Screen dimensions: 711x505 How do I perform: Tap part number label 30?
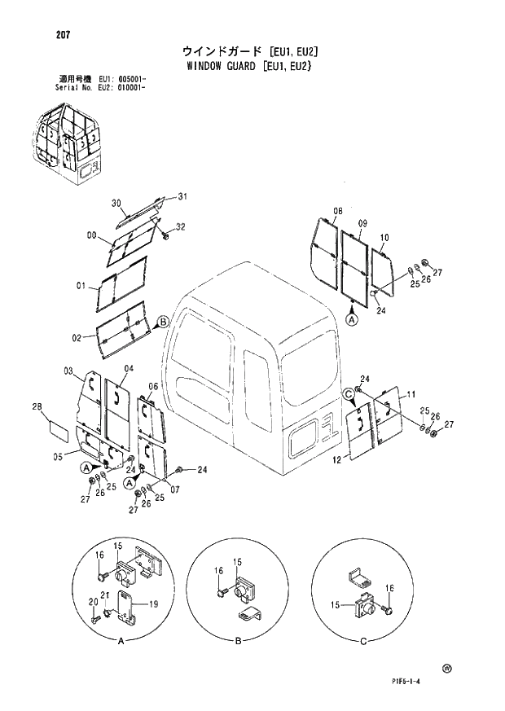pos(116,204)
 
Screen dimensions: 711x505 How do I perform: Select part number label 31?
pos(182,195)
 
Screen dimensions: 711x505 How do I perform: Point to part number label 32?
pos(181,226)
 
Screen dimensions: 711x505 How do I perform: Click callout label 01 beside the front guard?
pos(81,285)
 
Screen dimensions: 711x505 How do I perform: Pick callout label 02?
pos(77,337)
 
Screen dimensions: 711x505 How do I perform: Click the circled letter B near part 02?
pos(163,322)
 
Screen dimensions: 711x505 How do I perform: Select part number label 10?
pos(385,238)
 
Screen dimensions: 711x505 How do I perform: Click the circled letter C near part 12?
pos(349,394)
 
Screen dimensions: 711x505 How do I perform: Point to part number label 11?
pos(412,393)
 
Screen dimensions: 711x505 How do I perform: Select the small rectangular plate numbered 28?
pos(61,428)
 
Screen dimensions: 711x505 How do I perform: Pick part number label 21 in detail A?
pos(105,607)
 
